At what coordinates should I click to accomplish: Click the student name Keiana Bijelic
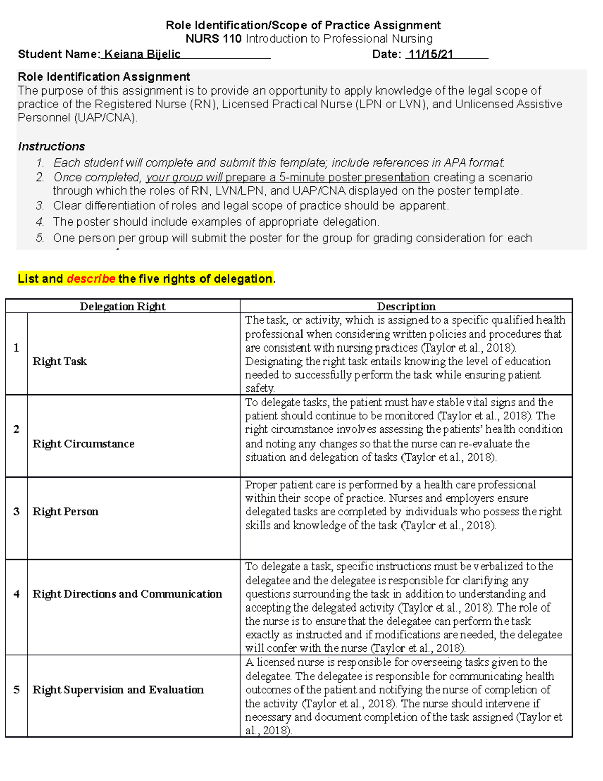tap(142, 54)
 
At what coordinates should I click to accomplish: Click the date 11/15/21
tap(431, 54)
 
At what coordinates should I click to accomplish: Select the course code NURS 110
tap(214, 39)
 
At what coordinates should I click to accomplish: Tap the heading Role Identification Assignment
tap(104, 77)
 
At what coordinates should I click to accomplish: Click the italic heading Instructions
tap(51, 146)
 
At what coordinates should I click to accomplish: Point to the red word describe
tap(91, 279)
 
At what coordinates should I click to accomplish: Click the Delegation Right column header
tap(123, 306)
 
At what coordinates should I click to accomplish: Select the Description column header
tap(406, 306)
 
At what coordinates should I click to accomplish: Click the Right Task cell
tap(60, 361)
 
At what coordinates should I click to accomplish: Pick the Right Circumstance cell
tap(83, 444)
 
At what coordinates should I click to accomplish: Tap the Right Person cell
tap(65, 511)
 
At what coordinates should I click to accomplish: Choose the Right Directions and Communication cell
tap(127, 594)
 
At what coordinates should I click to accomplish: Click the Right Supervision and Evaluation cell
tap(118, 690)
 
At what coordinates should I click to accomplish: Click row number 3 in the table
tap(16, 511)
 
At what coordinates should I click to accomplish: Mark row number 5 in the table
tap(16, 690)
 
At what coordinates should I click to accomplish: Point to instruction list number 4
tap(40, 222)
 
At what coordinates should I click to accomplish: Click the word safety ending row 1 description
tap(260, 388)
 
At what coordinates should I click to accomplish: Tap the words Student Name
tap(58, 54)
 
